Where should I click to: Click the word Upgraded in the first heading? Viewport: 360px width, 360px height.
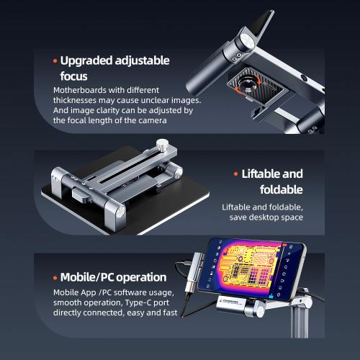pyautogui.click(x=86, y=61)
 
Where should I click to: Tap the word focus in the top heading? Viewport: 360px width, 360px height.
pyautogui.click(x=73, y=76)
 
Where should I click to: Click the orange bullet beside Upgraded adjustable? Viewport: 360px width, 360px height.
pyautogui.click(x=55, y=61)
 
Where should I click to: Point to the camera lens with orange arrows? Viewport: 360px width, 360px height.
pyautogui.click(x=248, y=84)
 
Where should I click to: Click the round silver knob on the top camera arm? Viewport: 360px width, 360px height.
pyautogui.click(x=247, y=40)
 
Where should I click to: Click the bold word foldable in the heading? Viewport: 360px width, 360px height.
pyautogui.click(x=282, y=189)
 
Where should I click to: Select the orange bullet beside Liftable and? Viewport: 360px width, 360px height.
pyautogui.click(x=236, y=174)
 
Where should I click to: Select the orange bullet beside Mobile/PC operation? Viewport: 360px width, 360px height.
pyautogui.click(x=55, y=278)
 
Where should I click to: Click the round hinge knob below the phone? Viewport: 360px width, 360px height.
pyautogui.click(x=259, y=311)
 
